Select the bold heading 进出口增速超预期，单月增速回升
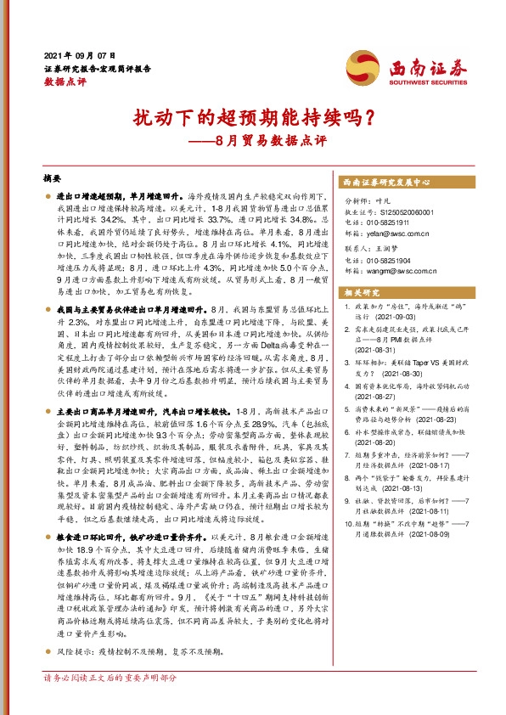click(x=118, y=196)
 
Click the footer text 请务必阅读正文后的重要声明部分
click(x=110, y=701)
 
